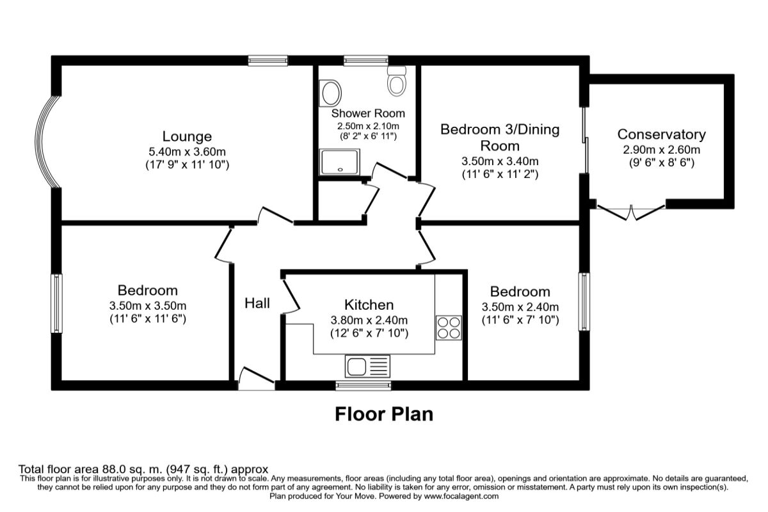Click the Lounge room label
point(187,136)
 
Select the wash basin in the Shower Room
point(331,93)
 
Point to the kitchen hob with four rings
point(448,327)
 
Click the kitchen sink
point(367,367)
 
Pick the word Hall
point(257,303)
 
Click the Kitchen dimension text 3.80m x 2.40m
point(369,319)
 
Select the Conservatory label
point(661,134)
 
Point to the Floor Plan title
point(384,414)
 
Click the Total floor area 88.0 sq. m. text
point(143,468)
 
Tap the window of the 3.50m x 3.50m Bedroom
point(57,303)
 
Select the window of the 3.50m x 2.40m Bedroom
point(584,301)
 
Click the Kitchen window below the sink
point(363,385)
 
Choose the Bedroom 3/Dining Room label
point(500,138)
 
